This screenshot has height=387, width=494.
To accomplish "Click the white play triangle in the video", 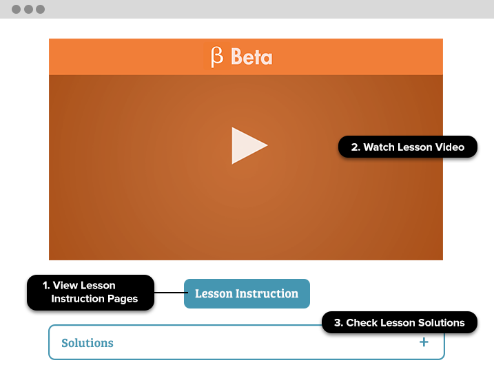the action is click(247, 145).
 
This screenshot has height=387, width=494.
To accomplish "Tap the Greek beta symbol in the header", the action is click(217, 57).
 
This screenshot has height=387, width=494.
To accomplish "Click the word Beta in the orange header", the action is click(251, 56).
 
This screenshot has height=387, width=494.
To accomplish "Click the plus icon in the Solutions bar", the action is click(424, 342).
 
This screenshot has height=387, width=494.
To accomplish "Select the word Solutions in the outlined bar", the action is click(88, 343).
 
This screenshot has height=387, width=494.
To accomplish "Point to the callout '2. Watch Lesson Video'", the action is click(408, 147).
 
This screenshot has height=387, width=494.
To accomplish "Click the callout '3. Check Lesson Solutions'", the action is click(400, 322).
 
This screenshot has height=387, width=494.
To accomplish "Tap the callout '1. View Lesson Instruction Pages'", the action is click(91, 293).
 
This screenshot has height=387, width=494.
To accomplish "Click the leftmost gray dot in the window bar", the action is click(16, 10).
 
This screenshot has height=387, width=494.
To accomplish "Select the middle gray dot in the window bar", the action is click(28, 10).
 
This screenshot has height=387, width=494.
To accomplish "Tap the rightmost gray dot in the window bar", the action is click(41, 10).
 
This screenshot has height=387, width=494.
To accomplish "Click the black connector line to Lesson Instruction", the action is click(171, 293).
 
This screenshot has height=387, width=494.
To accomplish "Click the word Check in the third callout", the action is click(360, 323).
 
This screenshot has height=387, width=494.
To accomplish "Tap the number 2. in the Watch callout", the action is click(356, 147).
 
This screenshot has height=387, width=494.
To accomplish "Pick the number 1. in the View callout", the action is click(46, 285).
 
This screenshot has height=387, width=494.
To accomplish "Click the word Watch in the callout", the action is click(379, 147).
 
